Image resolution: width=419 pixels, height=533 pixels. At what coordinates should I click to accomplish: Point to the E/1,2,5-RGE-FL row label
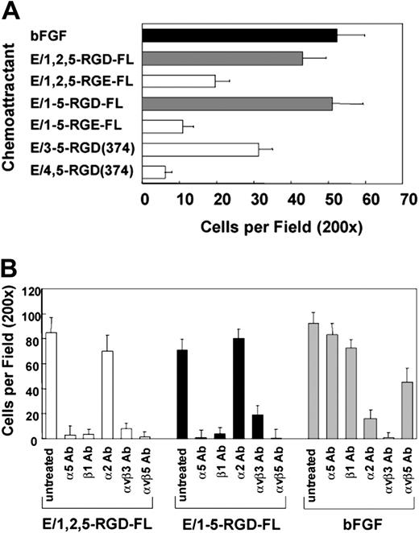69,81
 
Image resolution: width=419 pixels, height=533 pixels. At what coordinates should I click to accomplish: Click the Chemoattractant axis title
10,102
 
